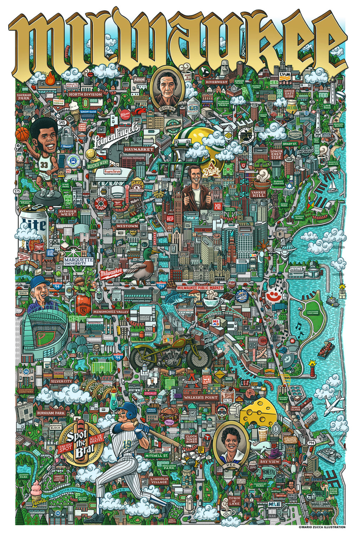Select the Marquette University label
tap(79, 261)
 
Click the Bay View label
tap(270, 461)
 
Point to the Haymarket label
tap(139, 149)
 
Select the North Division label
tap(85, 94)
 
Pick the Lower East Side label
tap(276, 154)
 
